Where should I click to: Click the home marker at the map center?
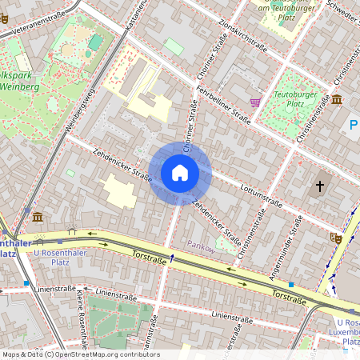180,173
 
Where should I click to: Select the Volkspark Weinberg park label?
19,80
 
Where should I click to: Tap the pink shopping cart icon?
256,102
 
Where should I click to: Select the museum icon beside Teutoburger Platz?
337,99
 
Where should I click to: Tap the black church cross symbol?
320,186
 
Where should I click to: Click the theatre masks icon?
335,237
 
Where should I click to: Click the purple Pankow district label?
202,246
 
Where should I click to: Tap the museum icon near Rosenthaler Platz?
38,218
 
